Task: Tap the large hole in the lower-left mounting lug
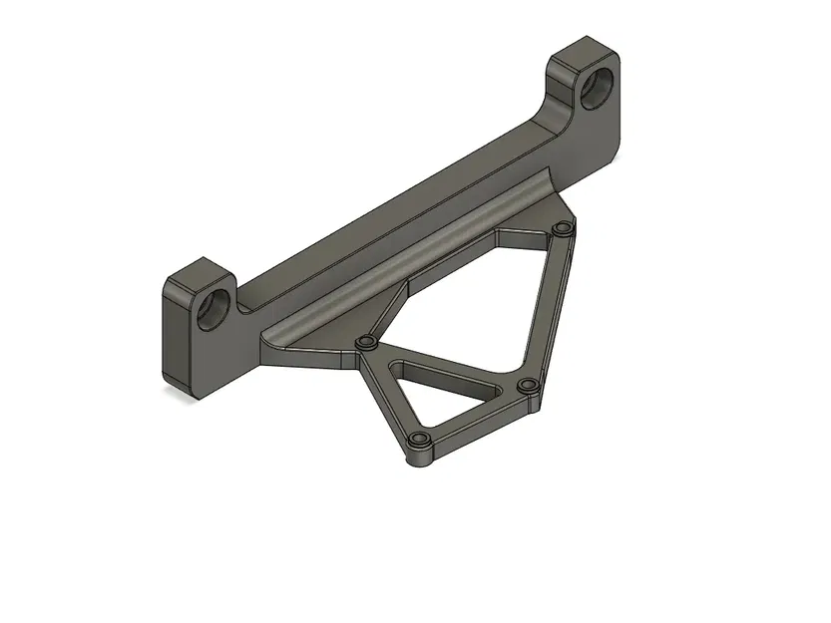(x=215, y=310)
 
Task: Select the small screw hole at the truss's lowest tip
(x=417, y=441)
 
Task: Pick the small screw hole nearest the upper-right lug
(x=562, y=230)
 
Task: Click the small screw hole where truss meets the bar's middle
(x=366, y=344)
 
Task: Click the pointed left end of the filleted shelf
(x=265, y=345)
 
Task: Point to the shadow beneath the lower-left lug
(x=180, y=392)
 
